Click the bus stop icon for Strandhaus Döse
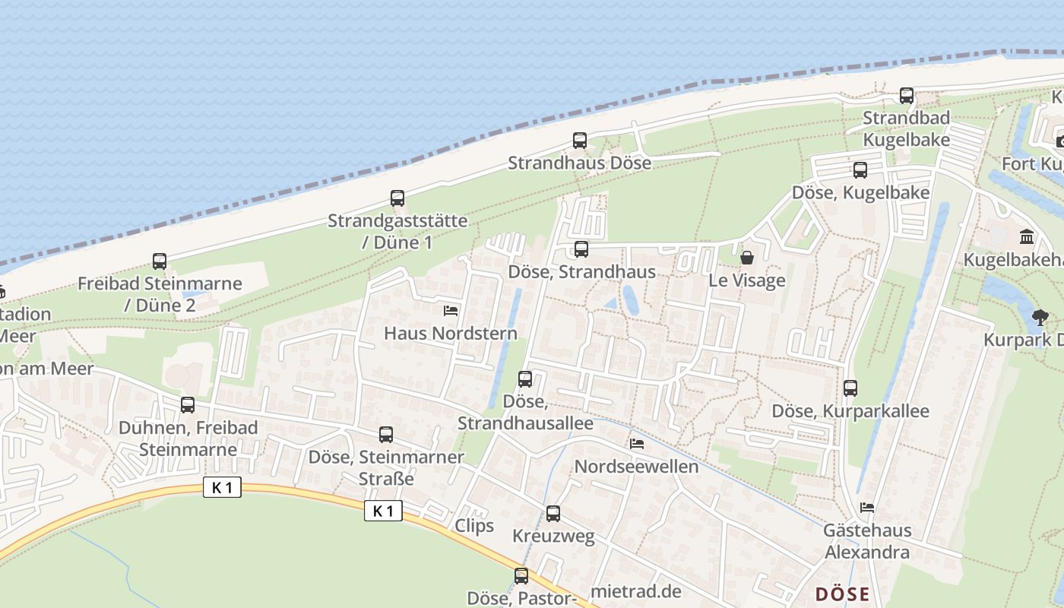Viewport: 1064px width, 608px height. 580,141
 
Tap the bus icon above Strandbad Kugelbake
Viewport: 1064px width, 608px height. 907,96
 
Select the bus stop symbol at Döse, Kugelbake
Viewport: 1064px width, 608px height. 860,170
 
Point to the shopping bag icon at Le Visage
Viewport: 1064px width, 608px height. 747,258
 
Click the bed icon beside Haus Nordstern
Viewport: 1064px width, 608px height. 451,311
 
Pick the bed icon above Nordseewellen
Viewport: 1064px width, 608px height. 637,444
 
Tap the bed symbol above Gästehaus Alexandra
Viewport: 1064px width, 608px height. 867,508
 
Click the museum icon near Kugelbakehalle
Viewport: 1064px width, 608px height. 1028,237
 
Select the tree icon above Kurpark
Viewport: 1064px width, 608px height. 1040,317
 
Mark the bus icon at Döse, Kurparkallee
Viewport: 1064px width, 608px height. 850,388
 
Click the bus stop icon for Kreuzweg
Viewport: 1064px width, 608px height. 553,514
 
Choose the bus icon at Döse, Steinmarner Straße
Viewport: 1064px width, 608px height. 386,435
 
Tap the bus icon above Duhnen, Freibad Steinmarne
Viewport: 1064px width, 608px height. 188,405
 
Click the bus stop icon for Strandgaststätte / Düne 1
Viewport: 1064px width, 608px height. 397,198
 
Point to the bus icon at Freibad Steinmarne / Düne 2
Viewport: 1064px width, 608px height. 160,261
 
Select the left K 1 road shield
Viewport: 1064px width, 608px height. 222,488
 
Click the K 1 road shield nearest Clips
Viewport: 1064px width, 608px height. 383,511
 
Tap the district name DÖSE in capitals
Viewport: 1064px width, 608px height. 841,594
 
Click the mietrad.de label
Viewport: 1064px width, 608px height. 635,591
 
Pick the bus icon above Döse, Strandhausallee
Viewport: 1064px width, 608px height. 525,379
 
